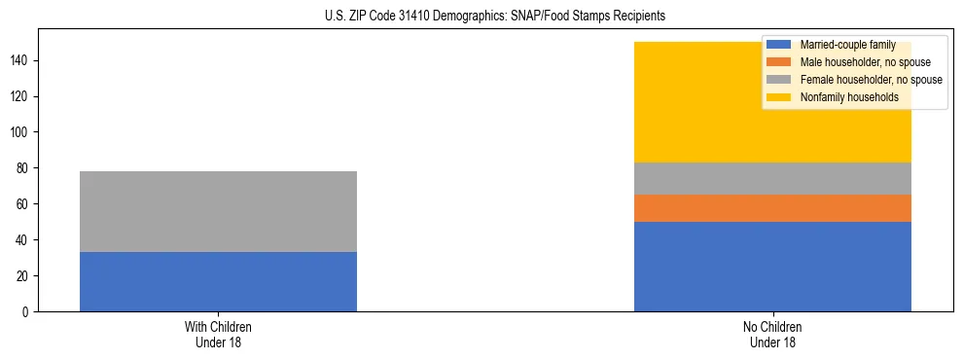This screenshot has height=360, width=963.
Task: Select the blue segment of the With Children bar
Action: coord(218,281)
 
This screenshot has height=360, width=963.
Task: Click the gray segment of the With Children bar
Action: coord(218,211)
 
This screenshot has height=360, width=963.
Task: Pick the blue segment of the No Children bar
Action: coord(772,266)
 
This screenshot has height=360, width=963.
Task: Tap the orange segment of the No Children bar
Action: coord(772,208)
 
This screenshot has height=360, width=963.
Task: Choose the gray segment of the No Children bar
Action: coord(772,178)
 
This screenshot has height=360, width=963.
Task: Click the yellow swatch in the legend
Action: coord(780,97)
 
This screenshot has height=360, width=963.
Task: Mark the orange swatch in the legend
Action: coord(780,62)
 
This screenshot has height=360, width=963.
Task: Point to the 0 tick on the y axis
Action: coord(27,311)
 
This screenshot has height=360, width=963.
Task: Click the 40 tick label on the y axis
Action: coord(24,240)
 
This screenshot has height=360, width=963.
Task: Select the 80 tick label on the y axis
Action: coord(24,168)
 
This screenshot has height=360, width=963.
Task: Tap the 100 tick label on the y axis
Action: coord(21,132)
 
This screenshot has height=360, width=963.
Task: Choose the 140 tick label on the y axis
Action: coord(21,60)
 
